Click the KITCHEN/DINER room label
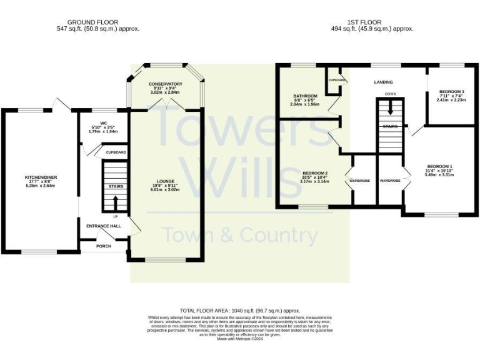tap(23, 177)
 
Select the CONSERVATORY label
tap(166, 84)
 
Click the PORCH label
tap(104, 246)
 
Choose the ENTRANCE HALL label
tap(104, 226)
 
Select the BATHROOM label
tap(306, 96)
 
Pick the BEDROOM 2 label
tap(316, 173)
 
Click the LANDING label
tap(383, 82)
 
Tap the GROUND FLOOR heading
tap(93, 22)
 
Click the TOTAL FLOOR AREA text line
tap(240, 311)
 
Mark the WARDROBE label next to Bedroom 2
tap(359, 181)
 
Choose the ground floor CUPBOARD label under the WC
tap(116, 152)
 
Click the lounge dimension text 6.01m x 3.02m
tap(166, 190)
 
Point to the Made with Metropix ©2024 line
tap(240, 338)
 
